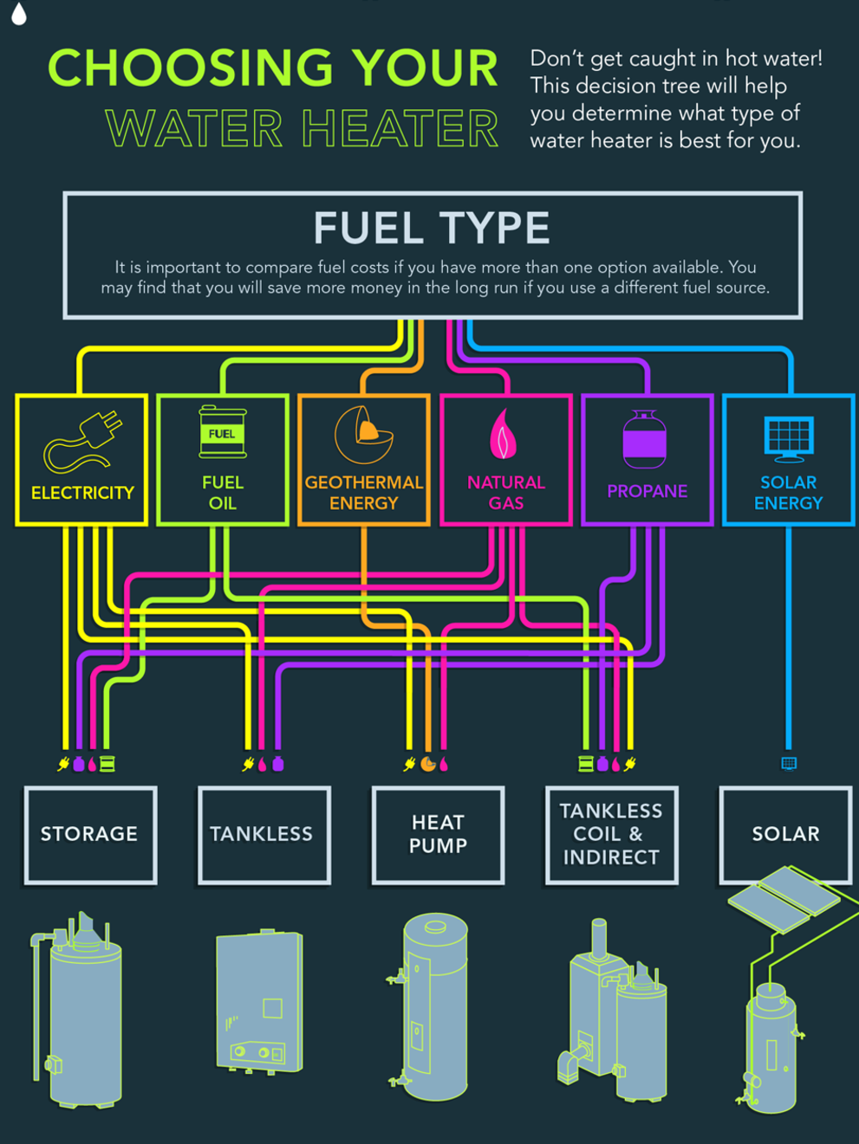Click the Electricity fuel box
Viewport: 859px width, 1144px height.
(x=82, y=460)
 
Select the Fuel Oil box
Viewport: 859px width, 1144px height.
(x=223, y=460)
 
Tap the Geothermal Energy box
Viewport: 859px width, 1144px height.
(x=364, y=460)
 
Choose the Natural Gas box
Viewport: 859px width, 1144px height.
(x=506, y=460)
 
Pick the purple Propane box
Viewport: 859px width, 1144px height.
(x=648, y=460)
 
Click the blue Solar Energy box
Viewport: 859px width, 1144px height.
(x=789, y=460)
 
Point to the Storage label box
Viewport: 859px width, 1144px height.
(x=90, y=835)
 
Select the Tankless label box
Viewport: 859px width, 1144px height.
(x=264, y=835)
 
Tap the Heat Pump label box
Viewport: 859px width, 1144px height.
(x=438, y=835)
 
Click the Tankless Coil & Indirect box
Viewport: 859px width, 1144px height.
(x=611, y=835)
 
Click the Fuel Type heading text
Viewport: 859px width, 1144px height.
(x=432, y=229)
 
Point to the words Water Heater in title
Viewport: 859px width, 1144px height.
(x=303, y=130)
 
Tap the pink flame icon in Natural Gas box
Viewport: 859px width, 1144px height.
(x=504, y=434)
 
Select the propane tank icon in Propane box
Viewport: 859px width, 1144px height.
(x=645, y=437)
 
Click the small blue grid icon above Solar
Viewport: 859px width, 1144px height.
(x=789, y=763)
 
